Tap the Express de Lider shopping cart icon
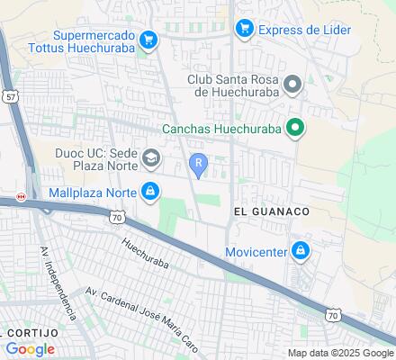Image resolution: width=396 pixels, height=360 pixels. (244, 30)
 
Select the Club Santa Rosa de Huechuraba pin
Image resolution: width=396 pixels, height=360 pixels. (292, 85)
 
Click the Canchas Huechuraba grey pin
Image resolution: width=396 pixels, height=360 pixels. (293, 128)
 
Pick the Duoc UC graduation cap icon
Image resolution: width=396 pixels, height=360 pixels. (152, 159)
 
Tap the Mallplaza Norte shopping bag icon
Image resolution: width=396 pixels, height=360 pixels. (152, 191)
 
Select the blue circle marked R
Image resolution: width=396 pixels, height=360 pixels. (198, 162)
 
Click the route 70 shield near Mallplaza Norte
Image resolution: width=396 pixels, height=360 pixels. (118, 216)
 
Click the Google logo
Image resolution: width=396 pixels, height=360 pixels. (30, 348)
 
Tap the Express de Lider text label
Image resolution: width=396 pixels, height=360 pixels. (304, 30)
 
